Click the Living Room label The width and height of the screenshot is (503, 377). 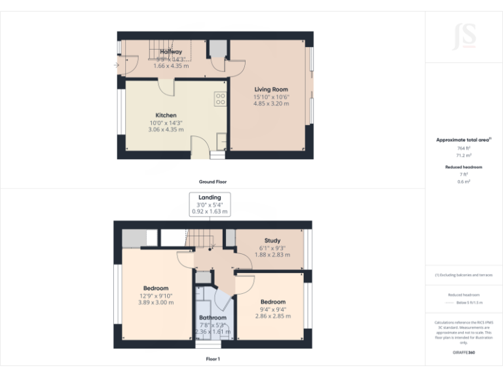tap(270, 90)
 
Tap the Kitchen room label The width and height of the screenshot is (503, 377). tap(166, 115)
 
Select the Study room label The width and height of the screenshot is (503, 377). tap(272, 241)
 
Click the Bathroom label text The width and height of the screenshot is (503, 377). tap(213, 317)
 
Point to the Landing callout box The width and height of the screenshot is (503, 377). tap(210, 204)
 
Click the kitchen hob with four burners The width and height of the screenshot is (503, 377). tap(221, 99)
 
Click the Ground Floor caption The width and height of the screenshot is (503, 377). tap(213, 181)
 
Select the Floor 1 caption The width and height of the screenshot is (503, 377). tap(213, 359)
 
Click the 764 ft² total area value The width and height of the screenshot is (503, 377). tap(464, 149)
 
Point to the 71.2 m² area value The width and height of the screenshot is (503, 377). tap(464, 156)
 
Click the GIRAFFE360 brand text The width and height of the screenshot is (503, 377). tap(464, 353)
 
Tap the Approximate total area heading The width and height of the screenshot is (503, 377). tap(463, 140)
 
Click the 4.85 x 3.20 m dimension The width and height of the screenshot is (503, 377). tap(271, 103)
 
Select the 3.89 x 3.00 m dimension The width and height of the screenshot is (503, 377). tap(156, 302)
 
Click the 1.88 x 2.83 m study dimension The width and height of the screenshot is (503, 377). tap(272, 255)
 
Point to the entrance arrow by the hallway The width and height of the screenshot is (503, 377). tap(116, 65)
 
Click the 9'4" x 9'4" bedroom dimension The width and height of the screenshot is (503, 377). tap(272, 310)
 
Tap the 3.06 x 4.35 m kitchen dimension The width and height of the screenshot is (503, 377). tap(166, 130)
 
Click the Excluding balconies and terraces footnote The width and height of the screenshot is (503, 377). tap(464, 275)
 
